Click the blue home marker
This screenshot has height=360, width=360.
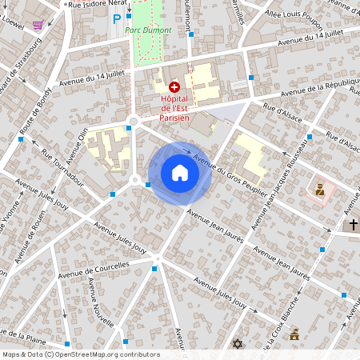(180, 173)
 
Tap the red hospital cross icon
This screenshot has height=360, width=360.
(174, 86)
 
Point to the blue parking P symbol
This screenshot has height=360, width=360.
(117, 18)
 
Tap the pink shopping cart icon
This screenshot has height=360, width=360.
(38, 26)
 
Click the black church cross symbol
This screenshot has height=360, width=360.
(352, 225)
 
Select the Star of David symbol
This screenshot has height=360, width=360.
(237, 344)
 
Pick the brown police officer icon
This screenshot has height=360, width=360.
(318, 190)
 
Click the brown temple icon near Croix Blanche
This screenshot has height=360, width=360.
(294, 334)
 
